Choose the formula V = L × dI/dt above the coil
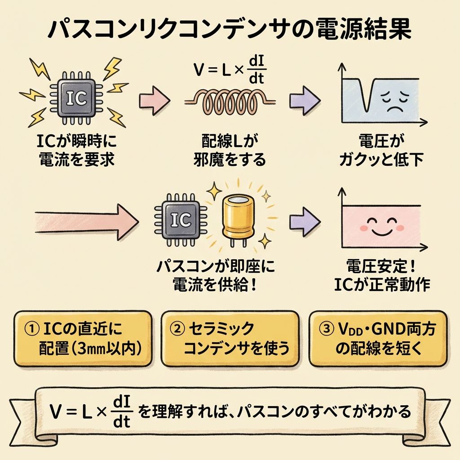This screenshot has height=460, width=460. pos(230,71)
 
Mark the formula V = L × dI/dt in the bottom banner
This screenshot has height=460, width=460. pos(89,411)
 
